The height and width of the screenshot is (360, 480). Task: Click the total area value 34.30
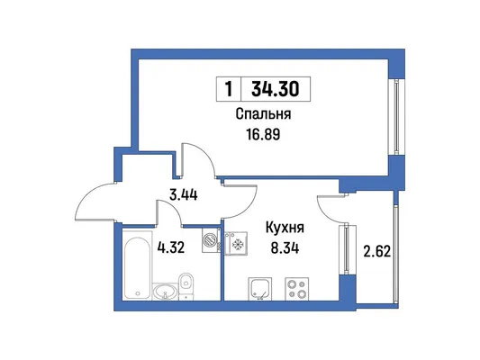tap(276, 89)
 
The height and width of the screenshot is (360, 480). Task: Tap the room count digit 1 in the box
tap(229, 89)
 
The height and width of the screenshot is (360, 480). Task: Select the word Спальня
tap(263, 114)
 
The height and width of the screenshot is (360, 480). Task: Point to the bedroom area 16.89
tap(263, 134)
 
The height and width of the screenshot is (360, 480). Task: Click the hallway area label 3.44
tap(184, 194)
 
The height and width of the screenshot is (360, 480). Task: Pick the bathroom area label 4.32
tap(171, 247)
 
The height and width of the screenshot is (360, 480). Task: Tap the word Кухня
tap(285, 228)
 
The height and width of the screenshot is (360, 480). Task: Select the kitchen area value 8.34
tap(285, 248)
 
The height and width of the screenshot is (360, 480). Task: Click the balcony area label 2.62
tap(377, 252)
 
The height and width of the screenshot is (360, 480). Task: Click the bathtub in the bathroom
tap(138, 265)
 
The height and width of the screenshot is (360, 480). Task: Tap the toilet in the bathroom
tap(186, 284)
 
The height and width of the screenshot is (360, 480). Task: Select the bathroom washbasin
tap(165, 291)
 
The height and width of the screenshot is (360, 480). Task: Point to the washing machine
tap(212, 239)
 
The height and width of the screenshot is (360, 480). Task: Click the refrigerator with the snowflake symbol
tap(236, 244)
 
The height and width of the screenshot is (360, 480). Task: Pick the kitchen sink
tap(260, 289)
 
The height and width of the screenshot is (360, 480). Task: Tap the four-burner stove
tap(297, 289)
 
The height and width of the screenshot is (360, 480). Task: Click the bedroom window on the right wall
tap(397, 117)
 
